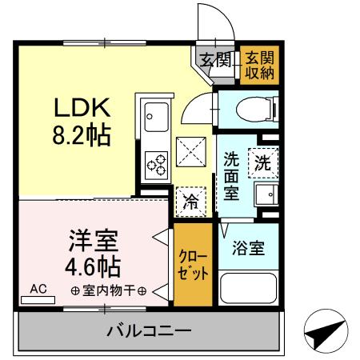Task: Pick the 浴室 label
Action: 246,248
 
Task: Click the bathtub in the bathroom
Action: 246,288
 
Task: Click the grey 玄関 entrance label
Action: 214,58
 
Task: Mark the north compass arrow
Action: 327,330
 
